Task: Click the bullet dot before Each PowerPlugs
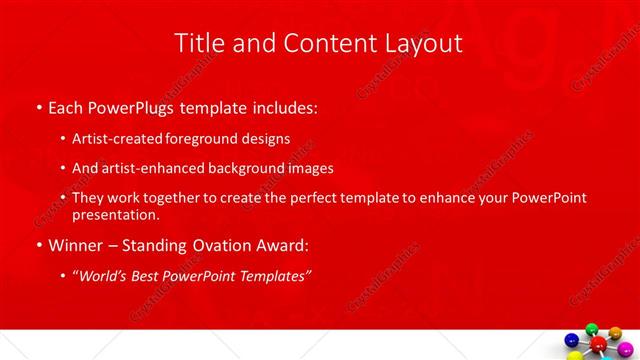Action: tap(38, 107)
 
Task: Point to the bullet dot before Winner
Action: tap(38, 246)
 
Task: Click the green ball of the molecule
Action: tap(591, 330)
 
